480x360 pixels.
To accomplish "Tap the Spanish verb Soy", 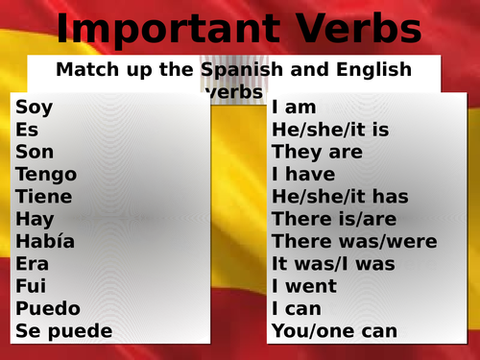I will [34, 108].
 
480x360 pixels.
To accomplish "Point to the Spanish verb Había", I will [45, 241].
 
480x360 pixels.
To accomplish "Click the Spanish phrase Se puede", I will [64, 331].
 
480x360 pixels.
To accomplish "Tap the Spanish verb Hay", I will [34, 219].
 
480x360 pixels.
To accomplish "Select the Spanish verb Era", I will [33, 264].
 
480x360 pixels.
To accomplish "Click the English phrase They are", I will [317, 152].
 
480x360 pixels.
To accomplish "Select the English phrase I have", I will [303, 175].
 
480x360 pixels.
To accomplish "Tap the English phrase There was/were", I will [354, 241].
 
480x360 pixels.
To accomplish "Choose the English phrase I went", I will [303, 286].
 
